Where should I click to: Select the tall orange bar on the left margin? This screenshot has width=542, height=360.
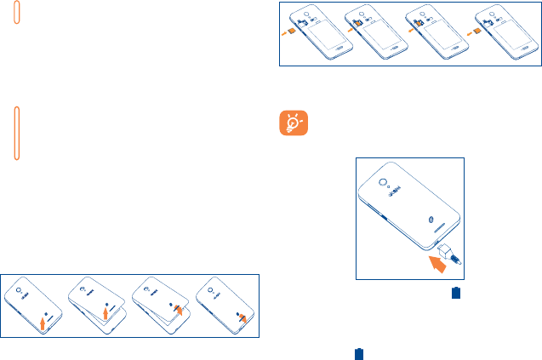(17, 132)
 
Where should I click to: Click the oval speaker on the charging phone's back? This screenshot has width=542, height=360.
(432, 220)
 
